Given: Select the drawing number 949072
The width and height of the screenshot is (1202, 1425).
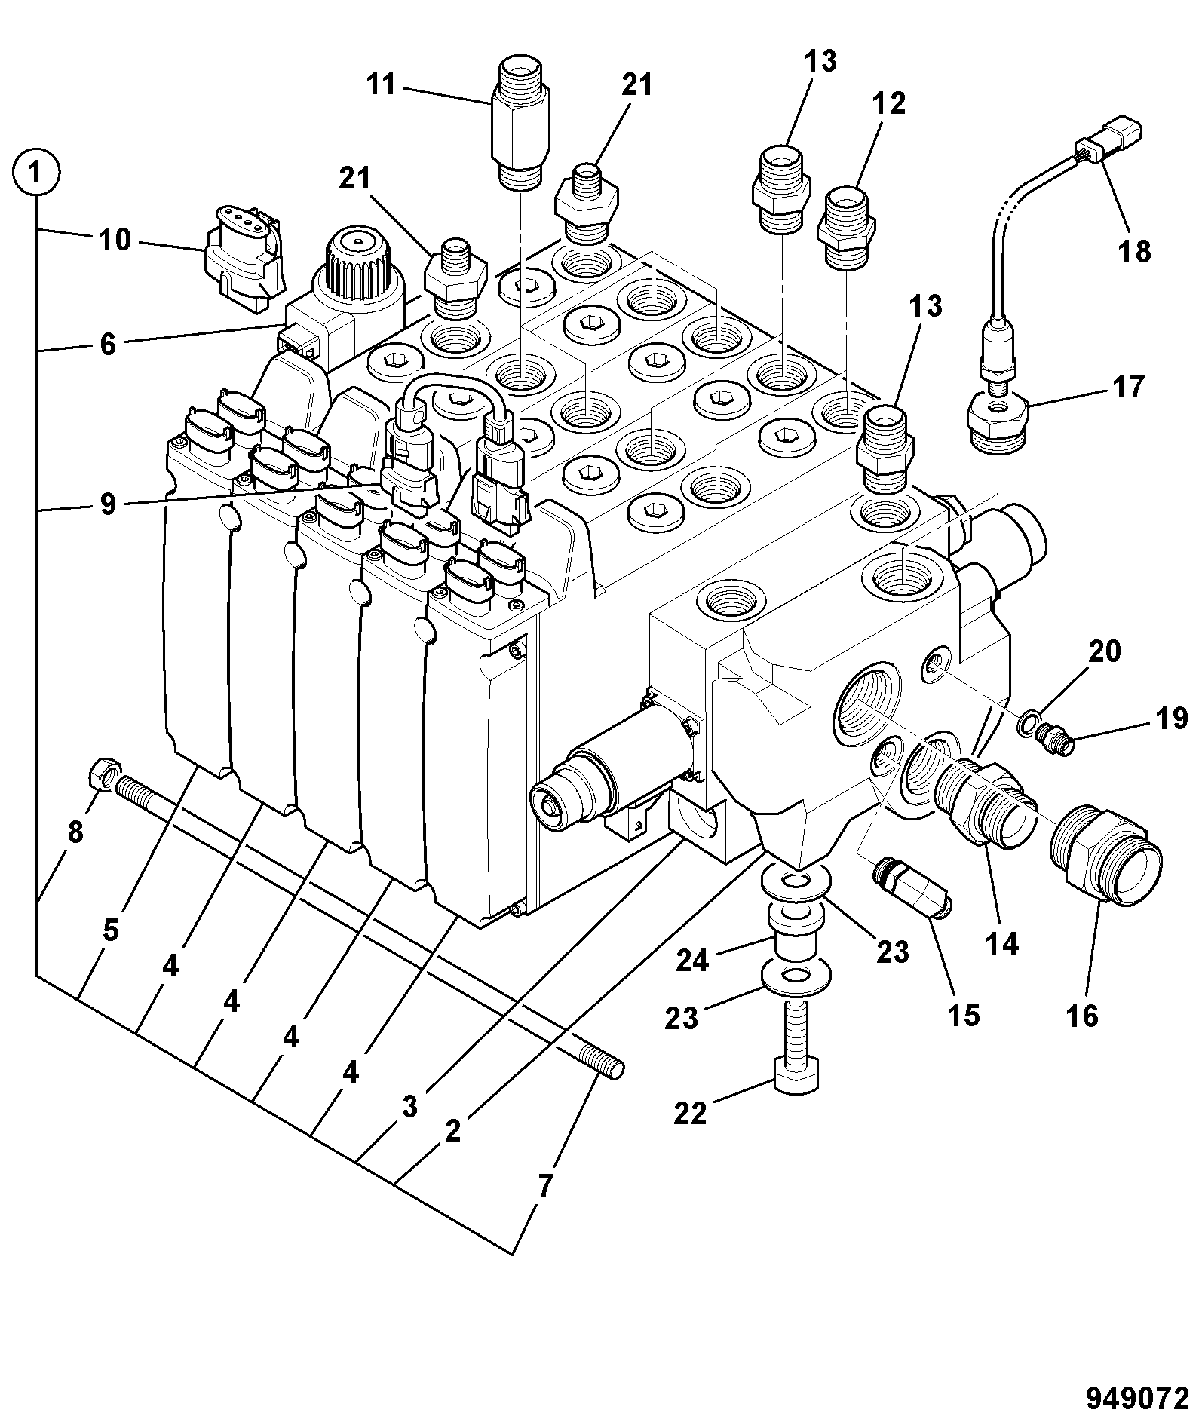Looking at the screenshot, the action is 1136,1398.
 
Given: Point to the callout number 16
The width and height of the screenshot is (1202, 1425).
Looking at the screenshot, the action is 1082,1016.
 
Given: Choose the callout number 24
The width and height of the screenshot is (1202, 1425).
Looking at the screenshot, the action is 692,960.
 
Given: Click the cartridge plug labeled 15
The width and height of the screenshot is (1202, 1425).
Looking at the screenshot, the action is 913,890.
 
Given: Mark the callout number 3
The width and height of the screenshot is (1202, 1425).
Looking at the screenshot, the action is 409,1107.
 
